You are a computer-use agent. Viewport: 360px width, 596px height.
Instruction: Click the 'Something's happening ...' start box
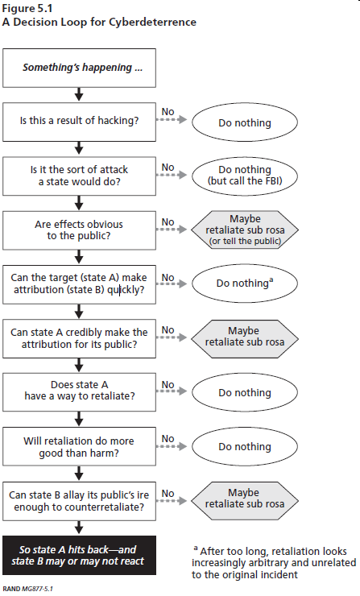tap(79, 68)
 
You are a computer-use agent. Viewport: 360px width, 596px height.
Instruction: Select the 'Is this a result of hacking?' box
tap(79, 122)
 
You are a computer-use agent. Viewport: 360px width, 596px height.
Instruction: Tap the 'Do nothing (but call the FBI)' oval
tap(245, 176)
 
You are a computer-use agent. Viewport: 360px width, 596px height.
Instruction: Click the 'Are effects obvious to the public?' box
tap(79, 230)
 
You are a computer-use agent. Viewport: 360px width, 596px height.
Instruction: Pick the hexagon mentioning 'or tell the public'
tap(245, 230)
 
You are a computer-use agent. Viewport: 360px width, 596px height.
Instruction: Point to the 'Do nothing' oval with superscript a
tap(245, 284)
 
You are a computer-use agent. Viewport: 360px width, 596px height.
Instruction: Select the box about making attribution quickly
tap(79, 284)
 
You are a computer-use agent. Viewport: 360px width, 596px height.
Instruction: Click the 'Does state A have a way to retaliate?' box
tap(79, 392)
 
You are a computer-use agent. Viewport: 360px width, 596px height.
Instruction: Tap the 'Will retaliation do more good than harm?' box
tap(79, 446)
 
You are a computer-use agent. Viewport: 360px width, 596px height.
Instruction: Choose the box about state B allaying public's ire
tap(79, 501)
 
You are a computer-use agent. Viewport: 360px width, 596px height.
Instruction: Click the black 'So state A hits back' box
tap(79, 556)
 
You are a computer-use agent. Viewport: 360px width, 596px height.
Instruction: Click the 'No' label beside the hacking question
tap(168, 112)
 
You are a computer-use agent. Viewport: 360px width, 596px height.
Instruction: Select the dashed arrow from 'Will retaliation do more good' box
tap(172, 446)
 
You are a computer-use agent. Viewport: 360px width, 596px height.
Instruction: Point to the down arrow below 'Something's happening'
tap(79, 95)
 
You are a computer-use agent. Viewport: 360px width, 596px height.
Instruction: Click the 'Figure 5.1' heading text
tap(27, 8)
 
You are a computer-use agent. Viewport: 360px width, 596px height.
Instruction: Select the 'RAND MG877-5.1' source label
tap(27, 589)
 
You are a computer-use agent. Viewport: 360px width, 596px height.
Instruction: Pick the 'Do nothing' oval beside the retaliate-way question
tap(245, 392)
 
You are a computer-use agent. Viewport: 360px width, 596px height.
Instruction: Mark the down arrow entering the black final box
tap(79, 528)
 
